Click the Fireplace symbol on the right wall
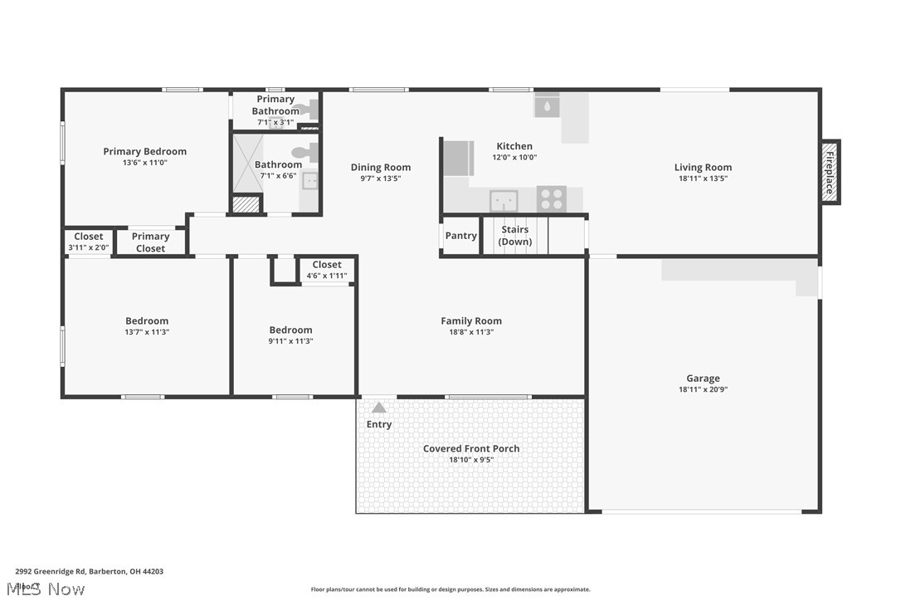point(829,172)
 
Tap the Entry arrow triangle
point(379,408)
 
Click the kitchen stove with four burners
point(552,199)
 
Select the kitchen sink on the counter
point(504,201)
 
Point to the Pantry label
point(461,236)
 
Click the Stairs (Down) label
point(515,236)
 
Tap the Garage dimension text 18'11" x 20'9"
point(703,389)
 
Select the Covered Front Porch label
point(471,449)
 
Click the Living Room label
point(703,168)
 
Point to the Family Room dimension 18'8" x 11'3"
point(471,332)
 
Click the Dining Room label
point(381,168)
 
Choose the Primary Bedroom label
point(145,152)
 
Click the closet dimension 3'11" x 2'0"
point(89,247)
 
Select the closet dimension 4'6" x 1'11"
point(327,276)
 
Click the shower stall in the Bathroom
point(247,163)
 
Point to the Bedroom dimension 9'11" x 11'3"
point(291,341)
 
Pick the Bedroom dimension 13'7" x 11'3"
point(147,332)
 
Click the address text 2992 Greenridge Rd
point(51,571)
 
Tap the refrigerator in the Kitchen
point(458,159)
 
